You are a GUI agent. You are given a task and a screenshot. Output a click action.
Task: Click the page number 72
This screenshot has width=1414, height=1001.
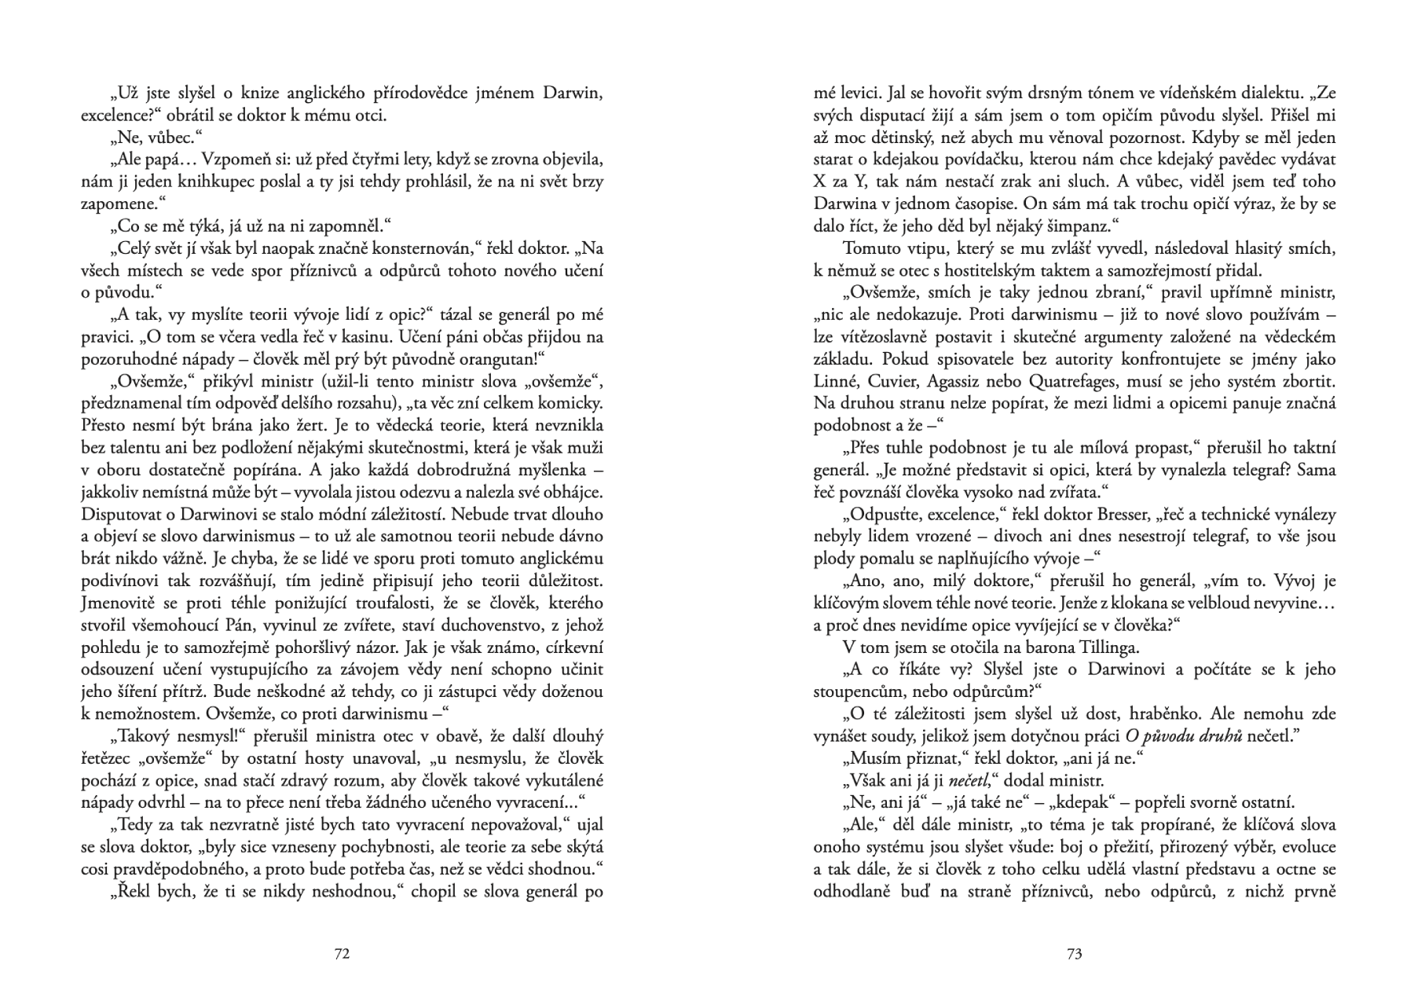[342, 954]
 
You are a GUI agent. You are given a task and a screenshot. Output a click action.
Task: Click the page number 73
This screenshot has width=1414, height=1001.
[1075, 954]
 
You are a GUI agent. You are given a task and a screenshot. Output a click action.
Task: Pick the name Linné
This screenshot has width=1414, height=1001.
[837, 381]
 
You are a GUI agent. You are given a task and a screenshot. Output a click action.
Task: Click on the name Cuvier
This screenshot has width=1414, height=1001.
[893, 381]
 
